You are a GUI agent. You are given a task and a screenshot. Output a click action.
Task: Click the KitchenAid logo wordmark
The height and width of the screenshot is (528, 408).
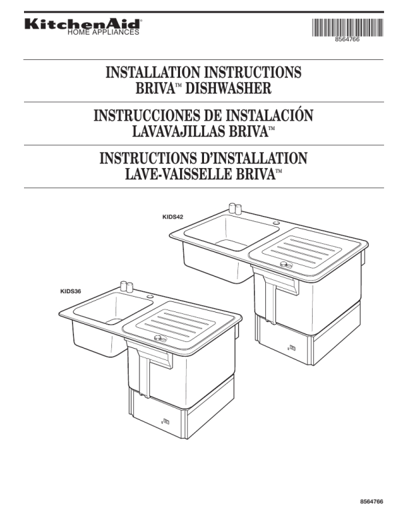(x=83, y=24)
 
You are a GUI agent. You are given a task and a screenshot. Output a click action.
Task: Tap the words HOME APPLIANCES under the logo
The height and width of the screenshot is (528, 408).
(x=103, y=33)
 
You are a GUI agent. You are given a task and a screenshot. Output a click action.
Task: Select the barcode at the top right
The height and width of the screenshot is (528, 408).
(x=347, y=27)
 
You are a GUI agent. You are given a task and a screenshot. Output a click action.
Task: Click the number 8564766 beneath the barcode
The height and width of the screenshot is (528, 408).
(x=347, y=39)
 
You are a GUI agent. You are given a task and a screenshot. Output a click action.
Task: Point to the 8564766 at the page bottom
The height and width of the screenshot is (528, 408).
(x=371, y=502)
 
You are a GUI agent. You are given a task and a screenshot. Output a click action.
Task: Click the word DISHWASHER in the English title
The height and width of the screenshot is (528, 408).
(x=228, y=88)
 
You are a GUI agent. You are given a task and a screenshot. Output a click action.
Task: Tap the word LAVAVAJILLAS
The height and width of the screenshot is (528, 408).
(x=179, y=131)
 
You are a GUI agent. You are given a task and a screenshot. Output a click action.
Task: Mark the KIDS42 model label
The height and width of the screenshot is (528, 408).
(x=173, y=217)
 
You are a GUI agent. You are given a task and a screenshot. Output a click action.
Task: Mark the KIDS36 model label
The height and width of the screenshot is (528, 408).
(x=71, y=291)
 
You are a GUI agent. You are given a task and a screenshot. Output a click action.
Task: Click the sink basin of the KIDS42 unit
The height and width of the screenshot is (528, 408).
(x=232, y=233)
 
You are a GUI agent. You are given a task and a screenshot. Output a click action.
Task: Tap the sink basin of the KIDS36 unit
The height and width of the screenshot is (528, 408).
(x=113, y=308)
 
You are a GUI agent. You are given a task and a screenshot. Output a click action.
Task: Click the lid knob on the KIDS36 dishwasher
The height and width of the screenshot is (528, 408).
(x=160, y=339)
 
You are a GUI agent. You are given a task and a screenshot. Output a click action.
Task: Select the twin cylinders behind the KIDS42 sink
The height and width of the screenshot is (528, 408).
(x=235, y=209)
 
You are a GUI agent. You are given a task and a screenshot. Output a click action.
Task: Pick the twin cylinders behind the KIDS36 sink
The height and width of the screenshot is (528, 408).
(x=127, y=287)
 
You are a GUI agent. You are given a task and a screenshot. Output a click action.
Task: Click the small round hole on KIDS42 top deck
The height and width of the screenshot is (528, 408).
(x=277, y=223)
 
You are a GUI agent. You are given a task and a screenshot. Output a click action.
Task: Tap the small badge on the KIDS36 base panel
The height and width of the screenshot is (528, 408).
(x=165, y=421)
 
